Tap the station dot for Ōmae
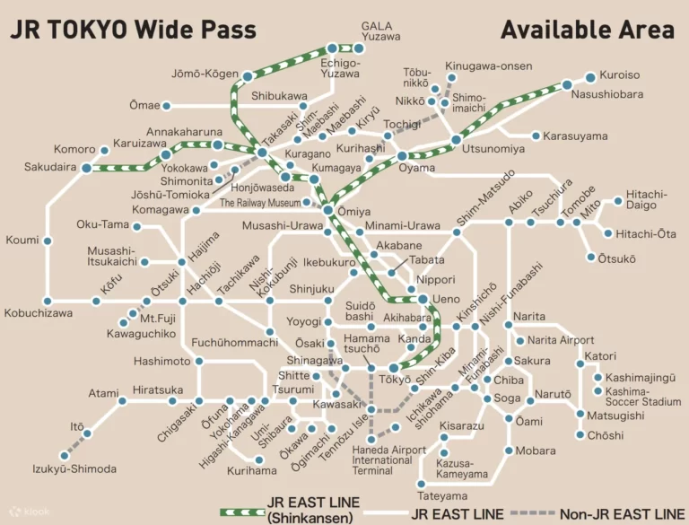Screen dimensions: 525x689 pos(166,106)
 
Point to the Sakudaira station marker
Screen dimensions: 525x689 pos(86,167)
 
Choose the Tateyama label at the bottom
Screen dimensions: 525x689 pos(442,495)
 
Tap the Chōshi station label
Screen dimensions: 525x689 pos(606,435)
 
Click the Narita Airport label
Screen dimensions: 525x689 pos(560,340)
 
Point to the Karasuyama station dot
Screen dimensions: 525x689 pos(536,136)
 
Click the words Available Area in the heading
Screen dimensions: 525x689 pos(587,29)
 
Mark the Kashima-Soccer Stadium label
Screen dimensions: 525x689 pos(643,398)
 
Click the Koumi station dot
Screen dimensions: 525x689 pos(48,241)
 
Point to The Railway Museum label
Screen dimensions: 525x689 pos(268,204)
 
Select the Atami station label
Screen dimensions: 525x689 pos(103,393)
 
